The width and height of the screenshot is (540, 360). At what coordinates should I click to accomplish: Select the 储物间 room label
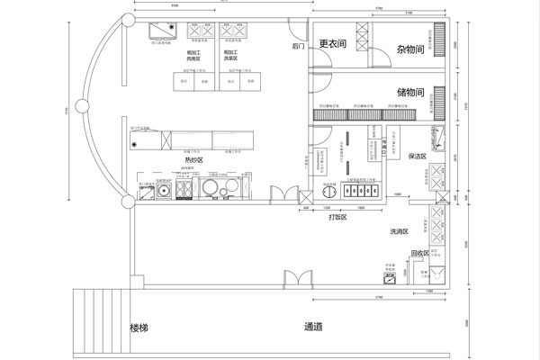click(409, 92)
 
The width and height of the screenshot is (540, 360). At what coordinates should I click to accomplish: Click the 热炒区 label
click(194, 159)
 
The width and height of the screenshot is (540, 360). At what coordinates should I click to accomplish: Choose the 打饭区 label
click(337, 217)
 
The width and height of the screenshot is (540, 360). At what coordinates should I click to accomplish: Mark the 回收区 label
click(419, 253)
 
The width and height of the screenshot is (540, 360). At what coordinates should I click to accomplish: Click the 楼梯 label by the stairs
click(139, 328)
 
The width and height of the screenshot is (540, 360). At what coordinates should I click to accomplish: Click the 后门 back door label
click(299, 45)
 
